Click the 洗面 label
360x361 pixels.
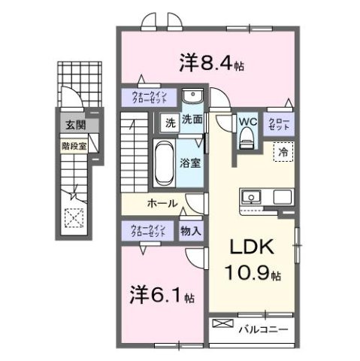pos(192,120)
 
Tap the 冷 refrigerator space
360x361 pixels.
pos(283,152)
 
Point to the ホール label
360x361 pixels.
pos(162,203)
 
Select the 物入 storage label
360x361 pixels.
pos(191,232)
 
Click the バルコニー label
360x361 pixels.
pos(264,329)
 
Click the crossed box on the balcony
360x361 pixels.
pos(223,324)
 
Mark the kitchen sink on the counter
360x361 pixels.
pos(251,197)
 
